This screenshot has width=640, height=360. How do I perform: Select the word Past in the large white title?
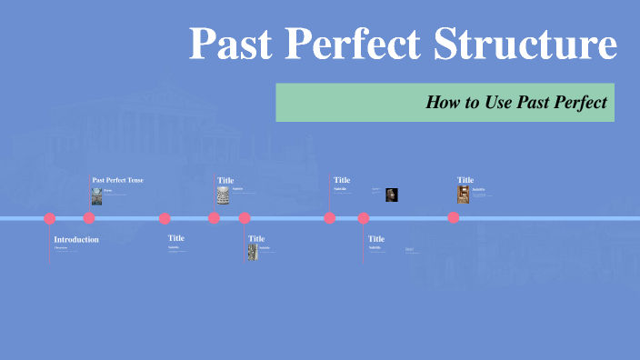[231, 44]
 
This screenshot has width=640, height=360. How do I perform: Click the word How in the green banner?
[443, 103]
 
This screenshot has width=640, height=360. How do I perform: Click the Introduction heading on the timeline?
[76, 239]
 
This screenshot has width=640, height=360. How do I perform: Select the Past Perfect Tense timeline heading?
[118, 180]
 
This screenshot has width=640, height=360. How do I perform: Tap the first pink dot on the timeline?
[50, 218]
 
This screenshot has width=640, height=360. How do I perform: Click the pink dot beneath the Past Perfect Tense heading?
[89, 218]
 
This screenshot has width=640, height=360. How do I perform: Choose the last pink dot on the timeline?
[454, 218]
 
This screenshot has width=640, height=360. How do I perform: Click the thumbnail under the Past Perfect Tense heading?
[96, 195]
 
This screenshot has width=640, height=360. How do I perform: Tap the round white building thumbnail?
[224, 195]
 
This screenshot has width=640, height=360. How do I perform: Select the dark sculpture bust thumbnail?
[392, 195]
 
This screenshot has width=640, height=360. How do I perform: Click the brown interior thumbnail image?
[464, 195]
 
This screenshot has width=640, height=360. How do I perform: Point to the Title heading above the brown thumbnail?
[465, 180]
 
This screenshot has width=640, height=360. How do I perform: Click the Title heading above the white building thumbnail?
[225, 180]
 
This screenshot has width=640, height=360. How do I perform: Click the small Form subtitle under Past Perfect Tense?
[107, 190]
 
